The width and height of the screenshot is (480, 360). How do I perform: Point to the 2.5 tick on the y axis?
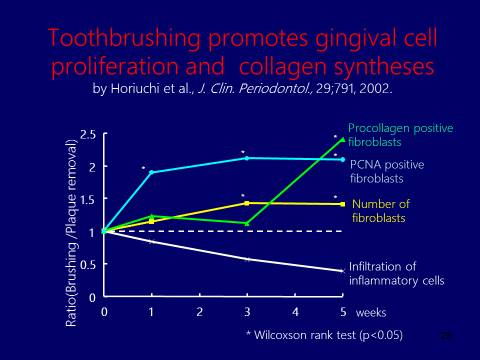pyautogui.click(x=87, y=134)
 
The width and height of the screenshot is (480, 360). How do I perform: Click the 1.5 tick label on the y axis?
pyautogui.click(x=87, y=199)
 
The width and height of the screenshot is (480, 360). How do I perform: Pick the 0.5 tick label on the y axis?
pyautogui.click(x=87, y=264)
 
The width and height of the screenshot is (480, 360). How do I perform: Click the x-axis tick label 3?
pyautogui.click(x=248, y=311)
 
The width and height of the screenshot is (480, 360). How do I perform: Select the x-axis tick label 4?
pyautogui.click(x=296, y=311)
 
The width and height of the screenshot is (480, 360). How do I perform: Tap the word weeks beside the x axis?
pyautogui.click(x=371, y=311)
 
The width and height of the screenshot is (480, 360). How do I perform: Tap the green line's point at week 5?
pyautogui.click(x=343, y=139)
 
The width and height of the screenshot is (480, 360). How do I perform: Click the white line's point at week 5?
pyautogui.click(x=343, y=271)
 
